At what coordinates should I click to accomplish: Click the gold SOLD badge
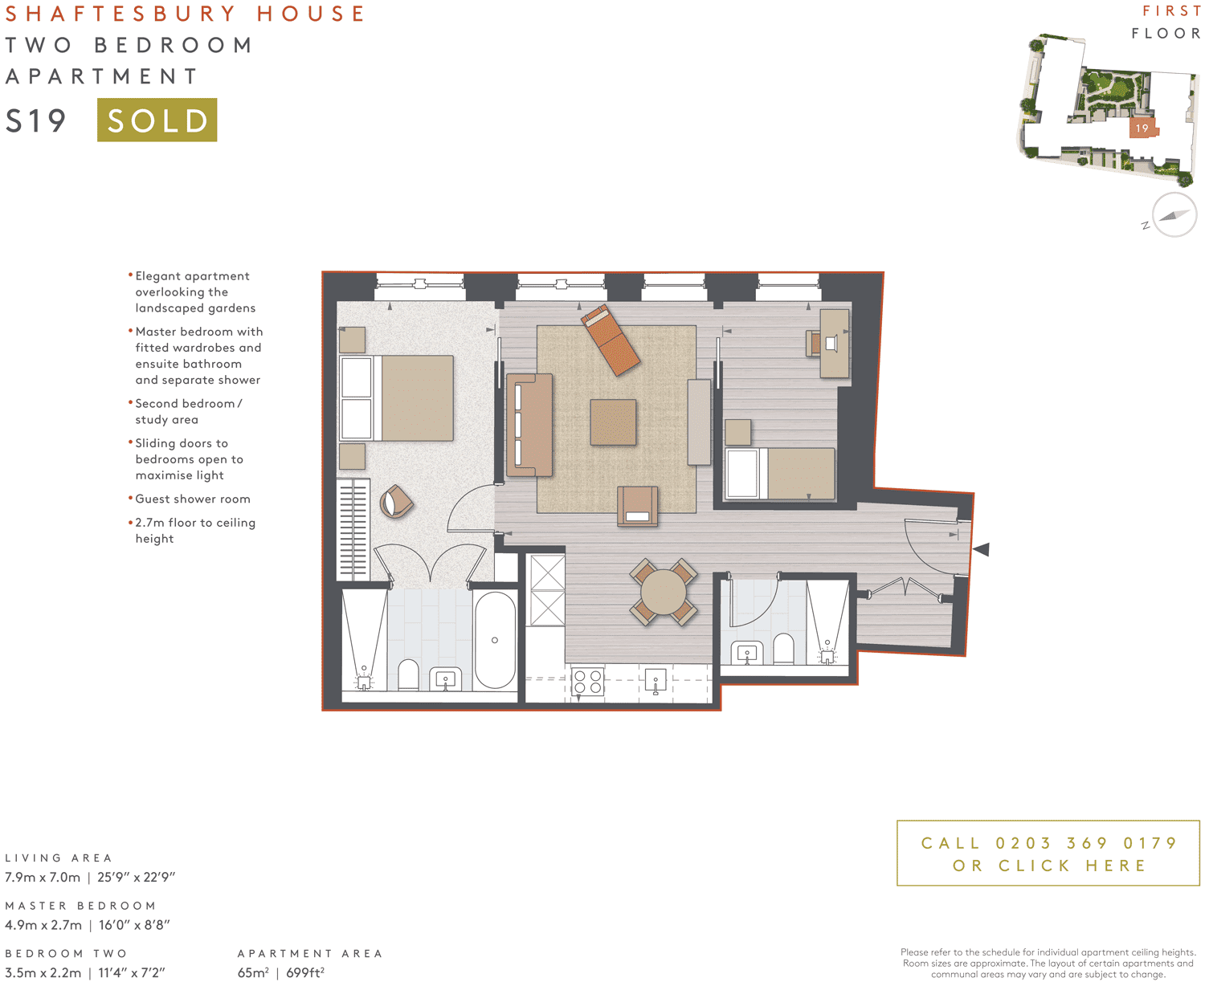pos(157,120)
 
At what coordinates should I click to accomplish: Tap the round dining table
pos(664,593)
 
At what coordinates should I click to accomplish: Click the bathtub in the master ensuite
pos(494,640)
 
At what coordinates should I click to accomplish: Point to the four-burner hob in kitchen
pos(588,682)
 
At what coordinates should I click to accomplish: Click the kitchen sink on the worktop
pos(656,682)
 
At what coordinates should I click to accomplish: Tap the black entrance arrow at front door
pos(981,549)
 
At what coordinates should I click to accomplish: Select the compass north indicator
pos(1174,215)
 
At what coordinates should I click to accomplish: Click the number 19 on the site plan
pos(1142,128)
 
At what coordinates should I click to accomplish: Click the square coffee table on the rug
pos(613,422)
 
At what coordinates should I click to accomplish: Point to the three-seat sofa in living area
pos(530,425)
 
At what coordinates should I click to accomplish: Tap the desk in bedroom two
pos(835,343)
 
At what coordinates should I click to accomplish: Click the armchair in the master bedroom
pos(396,502)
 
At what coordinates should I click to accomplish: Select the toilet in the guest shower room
pos(782,649)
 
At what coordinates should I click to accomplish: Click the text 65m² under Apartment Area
pos(253,972)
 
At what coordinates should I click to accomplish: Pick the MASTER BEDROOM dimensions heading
pos(80,906)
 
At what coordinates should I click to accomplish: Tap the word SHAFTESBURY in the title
pos(120,14)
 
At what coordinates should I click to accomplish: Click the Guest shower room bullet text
pos(193,499)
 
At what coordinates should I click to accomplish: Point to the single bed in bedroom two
pos(780,474)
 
